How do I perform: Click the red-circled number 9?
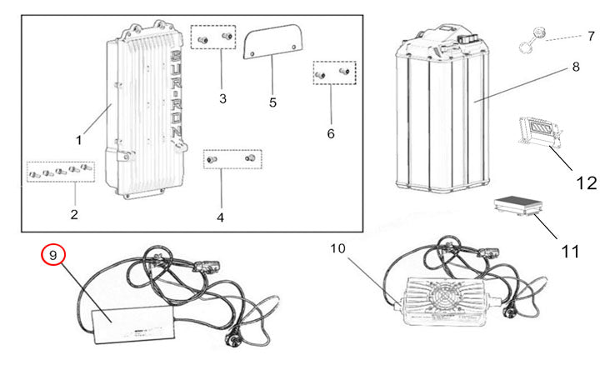(x=53, y=255)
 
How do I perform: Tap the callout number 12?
(x=586, y=182)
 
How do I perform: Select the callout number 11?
(x=570, y=252)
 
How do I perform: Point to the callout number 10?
(x=337, y=248)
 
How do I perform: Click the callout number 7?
(x=592, y=37)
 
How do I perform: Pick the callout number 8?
(x=576, y=67)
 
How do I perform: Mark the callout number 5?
(x=272, y=102)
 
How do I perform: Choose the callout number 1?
(x=78, y=140)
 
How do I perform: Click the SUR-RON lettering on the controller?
(x=176, y=94)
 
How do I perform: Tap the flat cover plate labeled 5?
(x=272, y=42)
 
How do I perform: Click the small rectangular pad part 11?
(x=518, y=205)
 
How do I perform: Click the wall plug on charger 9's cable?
(x=232, y=338)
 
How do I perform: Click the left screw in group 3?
(x=202, y=40)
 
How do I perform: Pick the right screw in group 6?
(x=344, y=71)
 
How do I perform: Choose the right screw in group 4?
(x=250, y=157)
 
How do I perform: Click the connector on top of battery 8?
(x=468, y=39)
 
